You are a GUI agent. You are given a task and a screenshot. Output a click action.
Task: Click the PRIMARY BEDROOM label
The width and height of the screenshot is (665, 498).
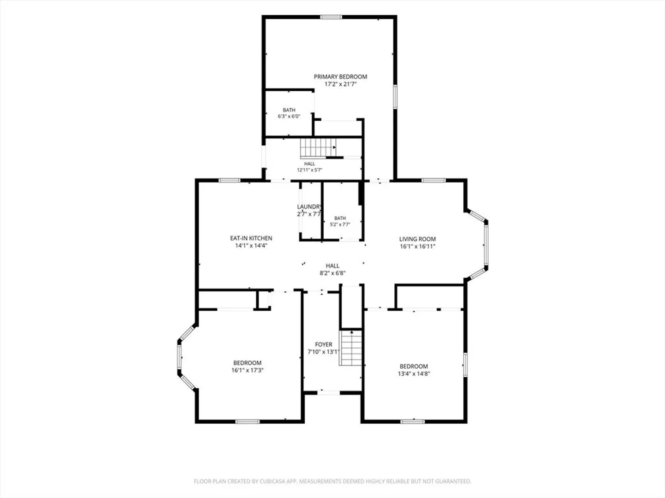coord(340,77)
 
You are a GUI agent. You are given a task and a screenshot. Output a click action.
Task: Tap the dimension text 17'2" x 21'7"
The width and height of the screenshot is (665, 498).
coord(340,84)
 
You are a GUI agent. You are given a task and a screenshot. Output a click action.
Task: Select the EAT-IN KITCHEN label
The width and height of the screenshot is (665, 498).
coord(251,238)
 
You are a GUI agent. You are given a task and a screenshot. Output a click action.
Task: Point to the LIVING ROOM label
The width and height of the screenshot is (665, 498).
coord(417,239)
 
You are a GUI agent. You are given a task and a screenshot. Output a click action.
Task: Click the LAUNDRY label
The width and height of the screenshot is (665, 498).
coord(309,207)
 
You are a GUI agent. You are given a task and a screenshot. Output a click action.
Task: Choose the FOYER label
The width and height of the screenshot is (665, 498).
coord(324,344)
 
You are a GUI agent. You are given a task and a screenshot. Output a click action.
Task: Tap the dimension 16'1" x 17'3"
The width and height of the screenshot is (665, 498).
coord(248,370)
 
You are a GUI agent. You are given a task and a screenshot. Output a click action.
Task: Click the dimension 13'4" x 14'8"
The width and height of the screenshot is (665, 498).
coord(414,373)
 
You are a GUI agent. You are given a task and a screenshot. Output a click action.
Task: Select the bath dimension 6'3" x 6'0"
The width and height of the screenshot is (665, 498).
coord(289,116)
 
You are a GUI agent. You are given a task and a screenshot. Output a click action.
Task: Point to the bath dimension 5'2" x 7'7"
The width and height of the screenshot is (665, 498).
coord(340,225)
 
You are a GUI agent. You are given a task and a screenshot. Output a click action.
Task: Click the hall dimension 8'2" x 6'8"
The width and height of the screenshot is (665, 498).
coord(332,273)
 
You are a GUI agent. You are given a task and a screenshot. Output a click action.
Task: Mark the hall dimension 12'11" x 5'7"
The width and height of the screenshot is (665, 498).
coord(309,170)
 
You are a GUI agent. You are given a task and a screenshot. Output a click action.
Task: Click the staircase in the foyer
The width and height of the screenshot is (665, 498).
coord(351,348)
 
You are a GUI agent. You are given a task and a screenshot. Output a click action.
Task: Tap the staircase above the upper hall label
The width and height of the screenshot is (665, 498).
coord(318,148)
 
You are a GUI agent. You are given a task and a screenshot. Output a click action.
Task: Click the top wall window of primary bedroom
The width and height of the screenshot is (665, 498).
coord(331,17)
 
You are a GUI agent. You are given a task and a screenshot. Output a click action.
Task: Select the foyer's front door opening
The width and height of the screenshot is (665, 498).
coord(329,393)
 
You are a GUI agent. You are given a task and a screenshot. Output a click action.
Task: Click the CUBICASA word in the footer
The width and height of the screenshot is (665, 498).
coord(272,481)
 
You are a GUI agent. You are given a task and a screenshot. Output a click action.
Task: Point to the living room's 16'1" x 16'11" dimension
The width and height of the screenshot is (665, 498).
coord(417,246)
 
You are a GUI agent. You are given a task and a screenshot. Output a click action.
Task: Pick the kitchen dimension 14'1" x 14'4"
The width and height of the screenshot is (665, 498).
coord(251,245)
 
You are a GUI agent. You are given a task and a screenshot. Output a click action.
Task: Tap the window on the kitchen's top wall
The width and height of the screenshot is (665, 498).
coord(230,180)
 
